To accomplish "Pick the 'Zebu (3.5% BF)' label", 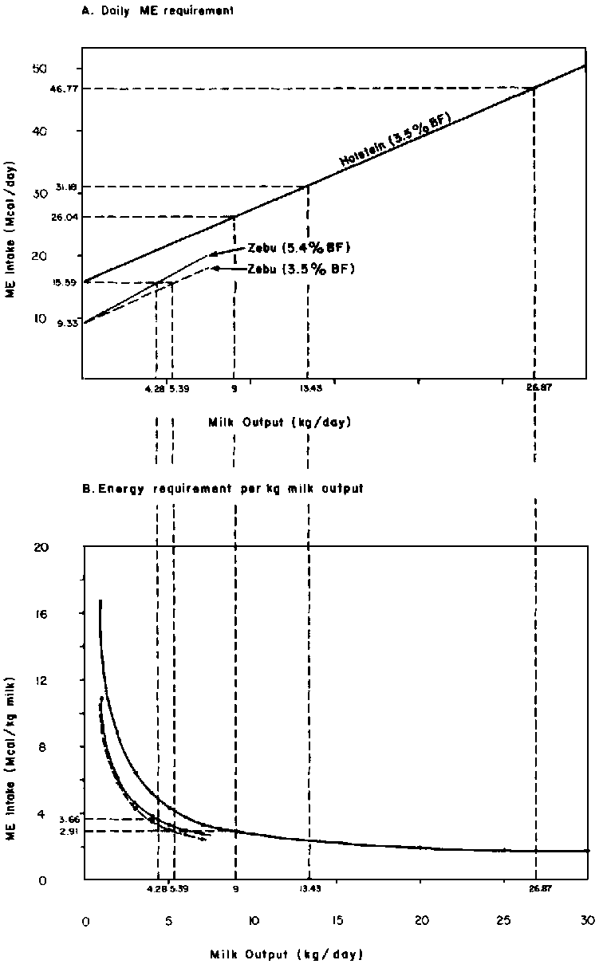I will click(x=302, y=269).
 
